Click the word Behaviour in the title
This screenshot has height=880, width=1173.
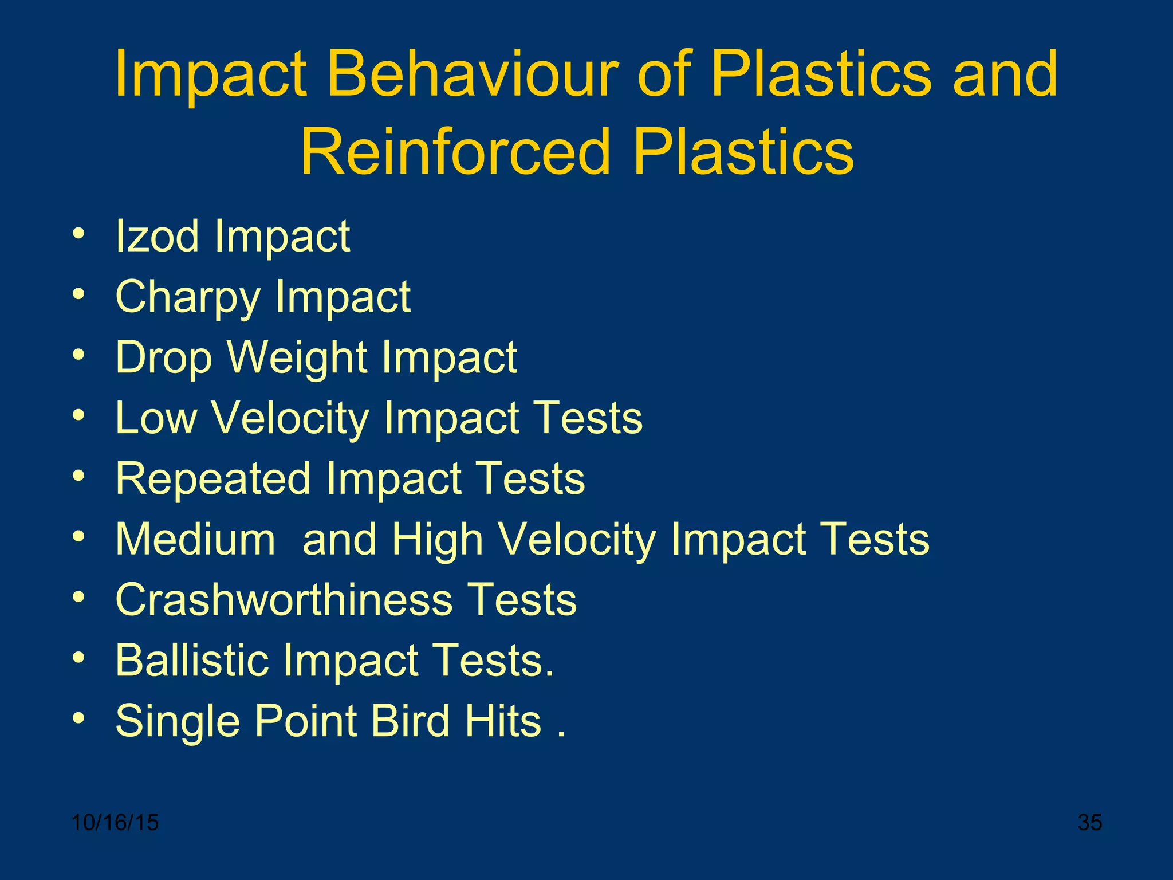(473, 74)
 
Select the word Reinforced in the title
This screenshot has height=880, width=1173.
(455, 152)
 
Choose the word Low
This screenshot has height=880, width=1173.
(156, 418)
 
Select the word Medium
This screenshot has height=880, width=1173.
(195, 540)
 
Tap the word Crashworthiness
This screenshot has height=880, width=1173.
(284, 600)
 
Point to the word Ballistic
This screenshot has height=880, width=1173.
(192, 661)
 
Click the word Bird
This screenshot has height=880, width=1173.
(410, 721)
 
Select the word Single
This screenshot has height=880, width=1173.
(178, 722)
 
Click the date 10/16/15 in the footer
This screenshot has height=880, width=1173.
(115, 823)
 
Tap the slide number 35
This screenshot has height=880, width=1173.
(1089, 823)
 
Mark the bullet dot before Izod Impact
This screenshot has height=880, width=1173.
(79, 234)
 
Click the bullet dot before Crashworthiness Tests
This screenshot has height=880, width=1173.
(79, 598)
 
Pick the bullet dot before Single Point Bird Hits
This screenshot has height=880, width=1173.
(79, 718)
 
